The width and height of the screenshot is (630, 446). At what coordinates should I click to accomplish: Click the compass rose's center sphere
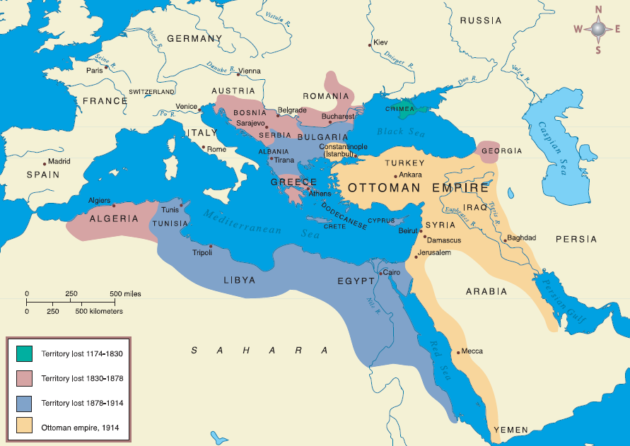pos(598,29)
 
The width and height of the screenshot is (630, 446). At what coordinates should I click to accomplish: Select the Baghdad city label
pos(522,237)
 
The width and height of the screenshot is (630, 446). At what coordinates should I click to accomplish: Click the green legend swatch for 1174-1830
pos(24,351)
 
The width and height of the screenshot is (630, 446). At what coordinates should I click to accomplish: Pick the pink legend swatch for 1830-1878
pos(24,377)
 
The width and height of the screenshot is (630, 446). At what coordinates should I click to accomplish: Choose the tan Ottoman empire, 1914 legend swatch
pos(24,426)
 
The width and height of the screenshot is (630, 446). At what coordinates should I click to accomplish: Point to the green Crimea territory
pos(404,108)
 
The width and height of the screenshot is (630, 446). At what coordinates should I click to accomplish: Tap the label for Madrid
pos(59,161)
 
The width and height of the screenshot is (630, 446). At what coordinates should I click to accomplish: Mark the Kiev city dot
pos(370,45)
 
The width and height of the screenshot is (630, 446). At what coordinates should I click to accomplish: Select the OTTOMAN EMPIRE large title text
pos(418,189)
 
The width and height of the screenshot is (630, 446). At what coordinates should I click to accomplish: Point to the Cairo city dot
pos(380,273)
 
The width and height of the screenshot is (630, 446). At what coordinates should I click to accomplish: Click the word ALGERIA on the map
pos(114,218)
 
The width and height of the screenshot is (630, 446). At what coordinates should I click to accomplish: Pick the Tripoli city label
pos(202,252)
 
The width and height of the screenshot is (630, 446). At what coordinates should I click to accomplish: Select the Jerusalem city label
pos(434,252)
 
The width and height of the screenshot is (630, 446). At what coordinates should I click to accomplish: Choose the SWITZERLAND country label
pos(152,92)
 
